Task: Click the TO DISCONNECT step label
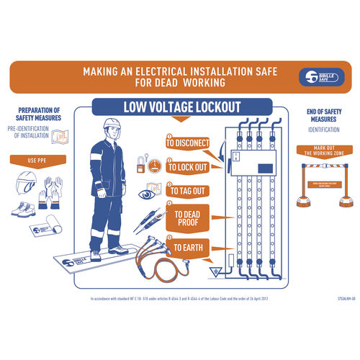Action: click(x=187, y=143)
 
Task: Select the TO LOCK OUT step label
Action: click(x=189, y=167)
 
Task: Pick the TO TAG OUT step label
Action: click(x=186, y=191)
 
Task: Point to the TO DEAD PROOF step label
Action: click(x=189, y=218)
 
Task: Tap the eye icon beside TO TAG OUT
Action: click(x=148, y=194)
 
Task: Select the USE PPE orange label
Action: click(x=42, y=159)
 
